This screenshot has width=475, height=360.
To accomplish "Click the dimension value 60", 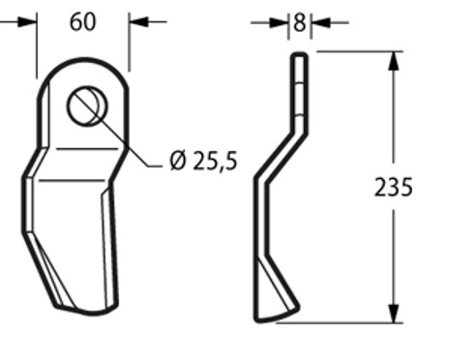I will click(x=83, y=21).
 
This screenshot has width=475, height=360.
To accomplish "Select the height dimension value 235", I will click(x=393, y=187).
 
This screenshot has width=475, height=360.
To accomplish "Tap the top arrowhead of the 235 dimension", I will click(x=393, y=59).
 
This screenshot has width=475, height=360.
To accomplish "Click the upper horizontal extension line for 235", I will click(x=353, y=51).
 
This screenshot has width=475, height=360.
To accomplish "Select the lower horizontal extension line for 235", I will click(x=348, y=322).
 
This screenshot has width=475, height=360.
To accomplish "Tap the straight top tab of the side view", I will click(x=300, y=82).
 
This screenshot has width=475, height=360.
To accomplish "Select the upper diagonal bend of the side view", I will click(x=282, y=150).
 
